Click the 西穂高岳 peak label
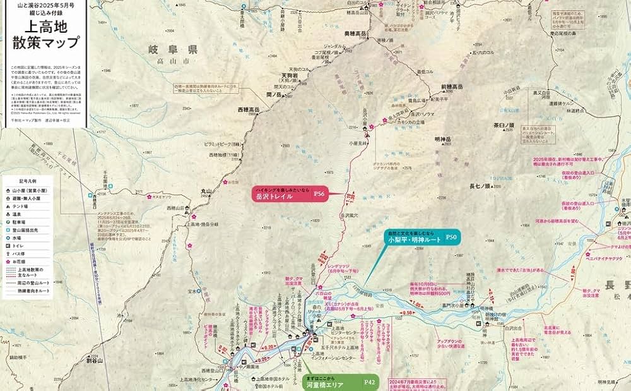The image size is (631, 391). pos(249,109)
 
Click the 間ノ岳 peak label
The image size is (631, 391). pos(273,93)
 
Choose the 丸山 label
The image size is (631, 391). pos(208,190)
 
